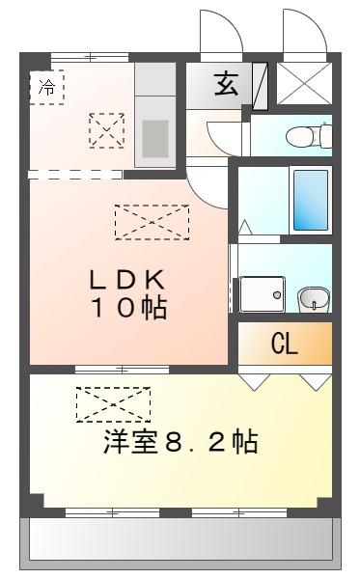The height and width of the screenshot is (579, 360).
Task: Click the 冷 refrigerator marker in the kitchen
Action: (x=46, y=87)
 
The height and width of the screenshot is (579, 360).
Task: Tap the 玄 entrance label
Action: (x=225, y=84)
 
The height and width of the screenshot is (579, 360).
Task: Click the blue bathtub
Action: (x=310, y=200)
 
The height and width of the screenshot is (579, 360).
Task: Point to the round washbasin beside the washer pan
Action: (x=311, y=298)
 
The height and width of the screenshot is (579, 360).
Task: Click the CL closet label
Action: (x=284, y=344)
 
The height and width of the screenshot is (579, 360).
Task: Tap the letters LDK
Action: (x=129, y=281)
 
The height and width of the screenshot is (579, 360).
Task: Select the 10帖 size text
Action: (x=129, y=309)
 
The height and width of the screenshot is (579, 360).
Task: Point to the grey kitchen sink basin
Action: (x=154, y=138)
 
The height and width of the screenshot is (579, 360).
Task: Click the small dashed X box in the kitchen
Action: (x=106, y=129)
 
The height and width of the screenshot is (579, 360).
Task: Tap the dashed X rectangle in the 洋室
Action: (x=114, y=404)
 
